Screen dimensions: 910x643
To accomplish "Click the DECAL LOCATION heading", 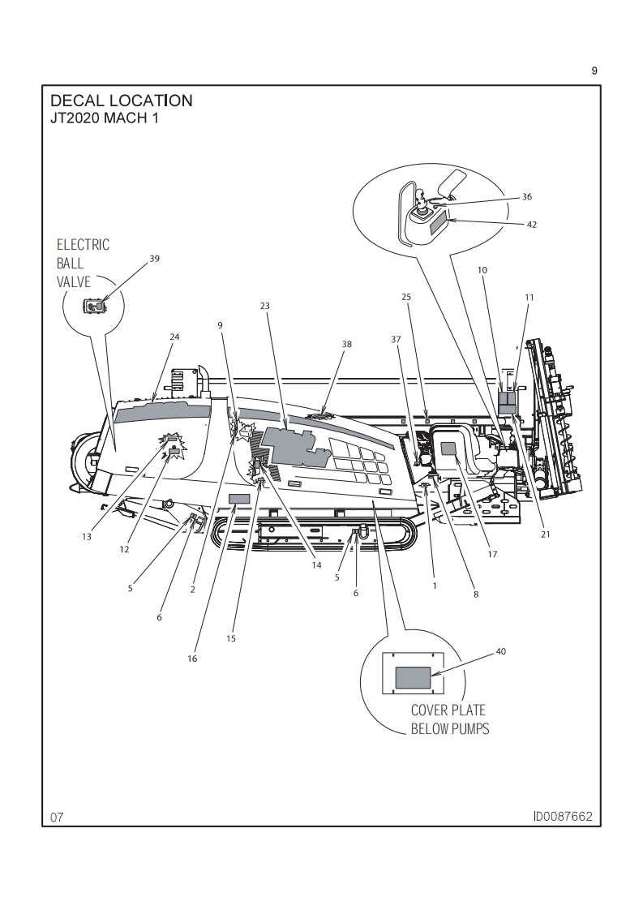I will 121,101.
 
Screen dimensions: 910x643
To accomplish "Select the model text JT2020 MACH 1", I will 105,118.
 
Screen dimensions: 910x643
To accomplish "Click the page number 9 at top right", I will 594,71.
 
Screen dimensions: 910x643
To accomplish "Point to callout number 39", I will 155,259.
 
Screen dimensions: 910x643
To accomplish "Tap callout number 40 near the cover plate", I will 500,650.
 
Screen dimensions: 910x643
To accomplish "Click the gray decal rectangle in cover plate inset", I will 414,677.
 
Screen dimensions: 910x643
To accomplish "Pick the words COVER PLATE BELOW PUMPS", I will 449,719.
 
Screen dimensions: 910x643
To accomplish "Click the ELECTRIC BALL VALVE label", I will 82,264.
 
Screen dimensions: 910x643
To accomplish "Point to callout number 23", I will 264,306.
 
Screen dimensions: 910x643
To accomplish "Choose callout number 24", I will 174,336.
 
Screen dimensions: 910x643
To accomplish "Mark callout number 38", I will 347,344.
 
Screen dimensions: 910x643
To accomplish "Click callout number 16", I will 192,659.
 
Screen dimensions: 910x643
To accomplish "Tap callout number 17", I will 492,555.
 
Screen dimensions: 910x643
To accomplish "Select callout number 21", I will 545,534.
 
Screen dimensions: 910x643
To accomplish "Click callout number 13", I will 87,535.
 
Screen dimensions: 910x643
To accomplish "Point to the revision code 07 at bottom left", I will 56,817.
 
